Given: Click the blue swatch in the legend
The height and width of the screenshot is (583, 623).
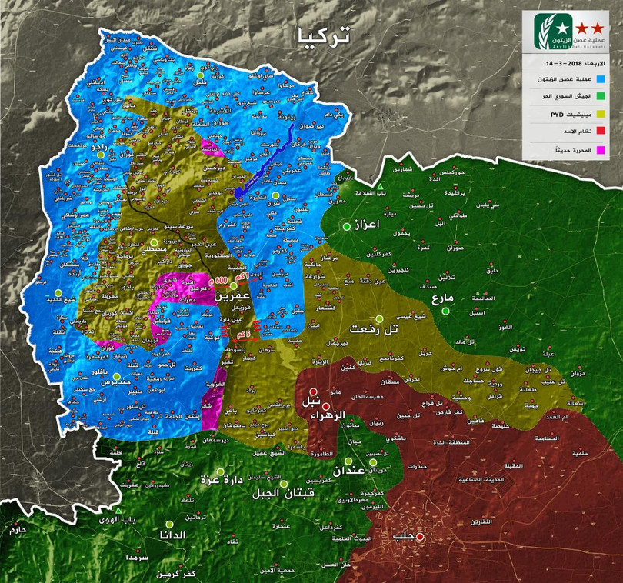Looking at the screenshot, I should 601,79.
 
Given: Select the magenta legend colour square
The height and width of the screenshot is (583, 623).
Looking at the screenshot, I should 601,150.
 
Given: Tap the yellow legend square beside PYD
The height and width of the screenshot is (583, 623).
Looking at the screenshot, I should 601,115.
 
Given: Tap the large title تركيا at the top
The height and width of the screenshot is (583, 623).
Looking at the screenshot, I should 322,35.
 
